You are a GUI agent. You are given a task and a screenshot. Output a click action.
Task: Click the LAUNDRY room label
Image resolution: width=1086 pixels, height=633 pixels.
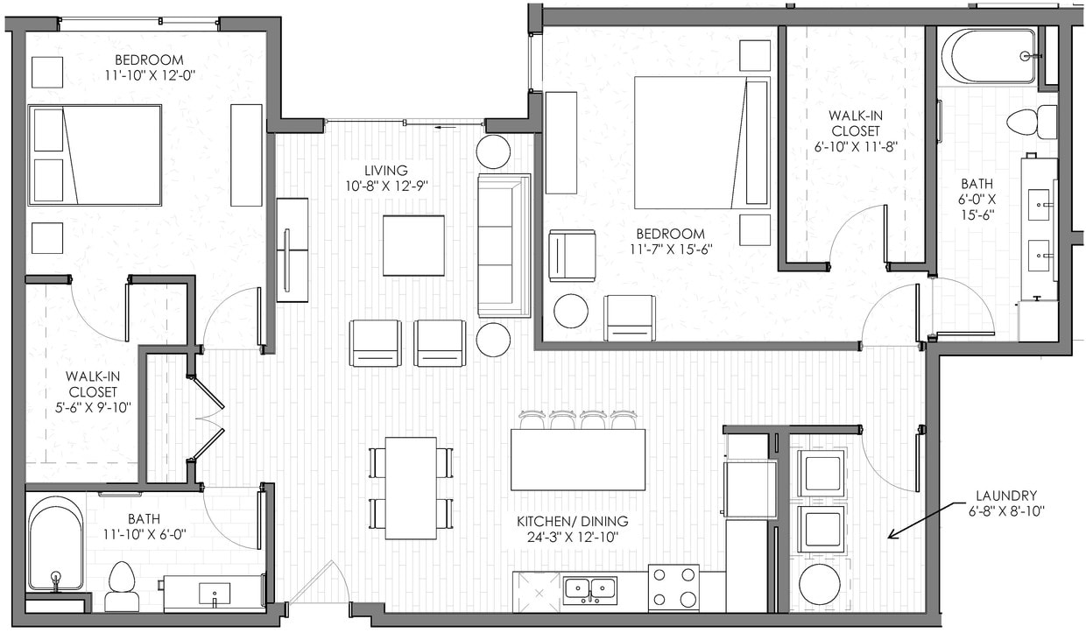(1003, 496)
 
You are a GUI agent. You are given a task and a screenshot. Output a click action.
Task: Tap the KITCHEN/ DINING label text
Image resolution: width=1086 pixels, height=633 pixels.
(572, 522)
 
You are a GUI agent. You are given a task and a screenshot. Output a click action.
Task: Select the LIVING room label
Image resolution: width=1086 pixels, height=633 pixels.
(386, 170)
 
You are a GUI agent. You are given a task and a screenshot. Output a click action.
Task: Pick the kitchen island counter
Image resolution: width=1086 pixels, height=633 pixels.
(578, 460)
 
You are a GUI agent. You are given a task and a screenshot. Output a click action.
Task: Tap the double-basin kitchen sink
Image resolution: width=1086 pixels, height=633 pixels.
(589, 590)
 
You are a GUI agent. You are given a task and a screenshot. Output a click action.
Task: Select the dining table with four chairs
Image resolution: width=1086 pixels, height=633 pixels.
(411, 488)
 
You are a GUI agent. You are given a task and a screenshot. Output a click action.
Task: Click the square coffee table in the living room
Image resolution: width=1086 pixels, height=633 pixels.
(413, 245)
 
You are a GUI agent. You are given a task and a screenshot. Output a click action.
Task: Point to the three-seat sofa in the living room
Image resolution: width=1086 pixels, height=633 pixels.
(504, 245)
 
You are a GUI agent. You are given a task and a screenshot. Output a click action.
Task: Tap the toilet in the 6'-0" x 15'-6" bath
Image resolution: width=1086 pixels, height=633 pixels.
(1033, 122)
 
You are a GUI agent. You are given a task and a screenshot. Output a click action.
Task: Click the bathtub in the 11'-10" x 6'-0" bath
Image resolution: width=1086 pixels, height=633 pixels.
(55, 544)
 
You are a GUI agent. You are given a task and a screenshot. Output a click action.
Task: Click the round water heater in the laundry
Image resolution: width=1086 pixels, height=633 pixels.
(820, 584)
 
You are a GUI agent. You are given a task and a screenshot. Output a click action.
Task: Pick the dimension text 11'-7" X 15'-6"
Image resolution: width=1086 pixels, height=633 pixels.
(671, 249)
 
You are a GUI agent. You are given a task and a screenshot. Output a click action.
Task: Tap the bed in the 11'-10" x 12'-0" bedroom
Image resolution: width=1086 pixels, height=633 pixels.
(95, 155)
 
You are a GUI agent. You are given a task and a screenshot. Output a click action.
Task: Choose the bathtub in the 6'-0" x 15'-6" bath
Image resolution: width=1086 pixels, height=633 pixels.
(989, 56)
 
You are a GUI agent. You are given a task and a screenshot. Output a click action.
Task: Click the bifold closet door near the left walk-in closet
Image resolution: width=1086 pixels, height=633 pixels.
(207, 418)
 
